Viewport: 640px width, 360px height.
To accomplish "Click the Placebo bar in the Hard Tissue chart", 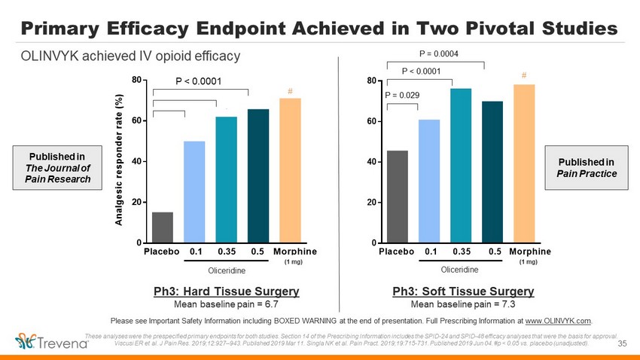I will [x=163, y=227].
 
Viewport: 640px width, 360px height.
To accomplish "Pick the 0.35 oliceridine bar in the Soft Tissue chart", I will [x=461, y=166].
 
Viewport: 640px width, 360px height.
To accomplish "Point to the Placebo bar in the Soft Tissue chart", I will [x=397, y=197].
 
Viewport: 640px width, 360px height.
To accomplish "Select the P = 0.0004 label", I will [x=437, y=53].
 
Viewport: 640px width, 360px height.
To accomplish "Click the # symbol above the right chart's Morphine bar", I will [x=524, y=75].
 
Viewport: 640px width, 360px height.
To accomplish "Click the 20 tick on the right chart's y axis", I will [x=372, y=203].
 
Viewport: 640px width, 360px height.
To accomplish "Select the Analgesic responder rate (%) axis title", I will [x=118, y=160].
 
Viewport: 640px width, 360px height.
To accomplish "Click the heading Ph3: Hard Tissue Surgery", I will [x=226, y=291].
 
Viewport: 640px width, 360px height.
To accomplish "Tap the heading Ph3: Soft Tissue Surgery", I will [x=463, y=291].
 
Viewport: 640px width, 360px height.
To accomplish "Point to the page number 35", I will [x=622, y=344].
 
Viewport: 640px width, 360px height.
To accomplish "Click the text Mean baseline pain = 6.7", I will [x=226, y=304].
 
